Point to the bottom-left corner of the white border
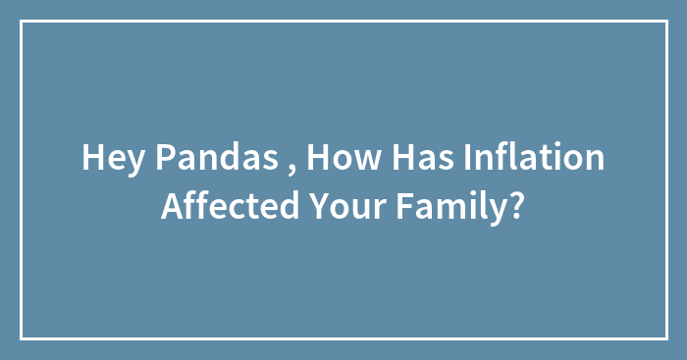coord(22,338)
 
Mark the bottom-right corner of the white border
coord(665,338)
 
